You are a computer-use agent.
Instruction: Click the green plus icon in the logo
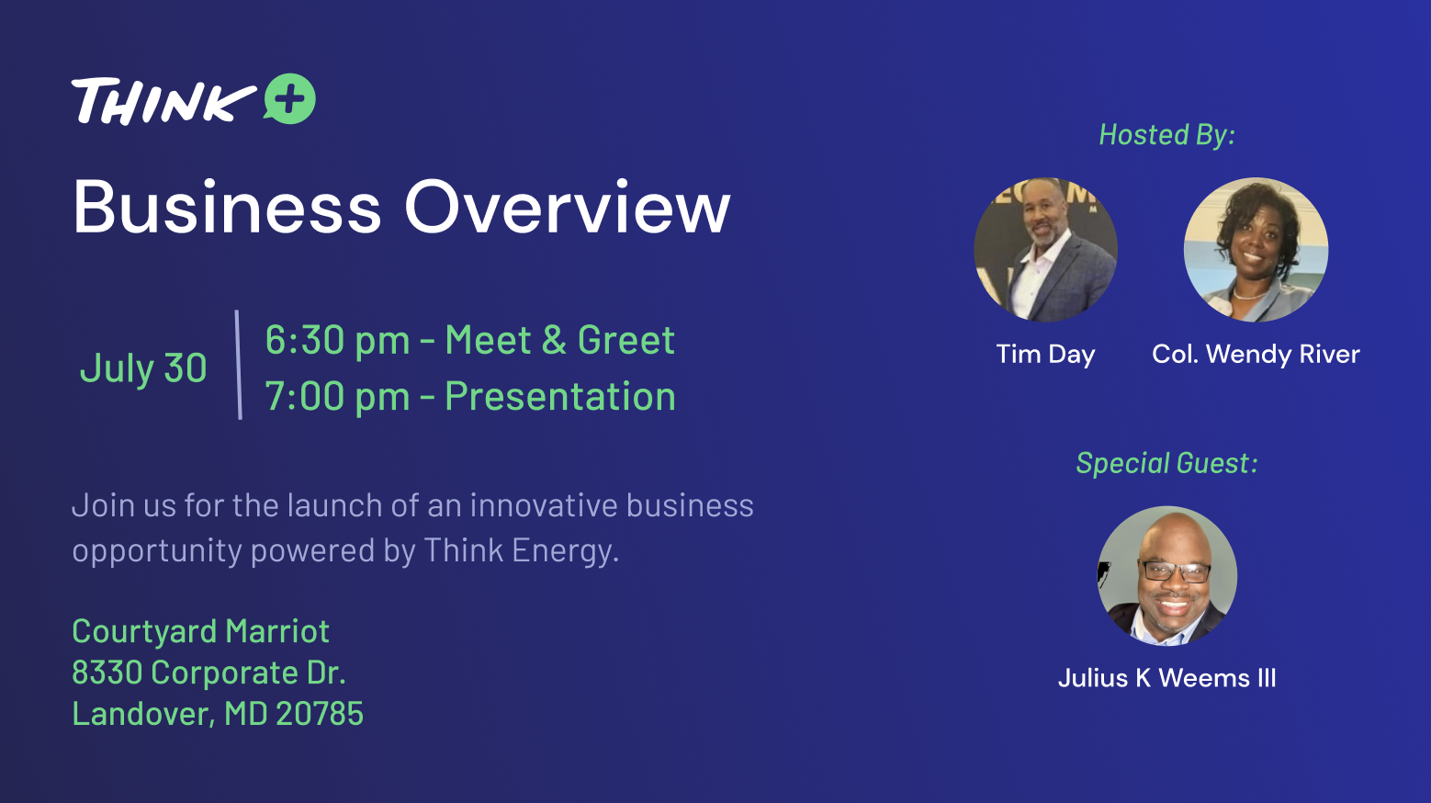pyautogui.click(x=290, y=99)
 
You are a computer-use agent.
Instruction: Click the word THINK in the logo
pyautogui.click(x=163, y=101)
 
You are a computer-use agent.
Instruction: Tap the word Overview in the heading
pyautogui.click(x=568, y=208)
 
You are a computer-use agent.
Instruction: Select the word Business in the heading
pyautogui.click(x=227, y=208)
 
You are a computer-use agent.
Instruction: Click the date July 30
pyautogui.click(x=143, y=368)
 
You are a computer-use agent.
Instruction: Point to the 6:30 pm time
pyautogui.click(x=337, y=341)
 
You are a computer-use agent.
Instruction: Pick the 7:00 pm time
pyautogui.click(x=337, y=397)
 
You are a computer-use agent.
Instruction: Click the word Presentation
pyautogui.click(x=560, y=397)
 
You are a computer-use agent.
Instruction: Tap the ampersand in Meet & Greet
pyautogui.click(x=554, y=340)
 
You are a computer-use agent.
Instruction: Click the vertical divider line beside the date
pyautogui.click(x=239, y=365)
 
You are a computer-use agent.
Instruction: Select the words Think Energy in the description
pyautogui.click(x=522, y=550)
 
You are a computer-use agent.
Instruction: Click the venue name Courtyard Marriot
pyautogui.click(x=200, y=632)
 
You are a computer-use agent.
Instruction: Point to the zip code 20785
pyautogui.click(x=320, y=714)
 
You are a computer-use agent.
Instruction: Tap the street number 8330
pyautogui.click(x=107, y=673)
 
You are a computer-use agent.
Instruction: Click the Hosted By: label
pyautogui.click(x=1167, y=135)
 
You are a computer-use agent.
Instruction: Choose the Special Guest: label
pyautogui.click(x=1167, y=463)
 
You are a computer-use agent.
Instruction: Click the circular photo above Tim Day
pyautogui.click(x=1046, y=250)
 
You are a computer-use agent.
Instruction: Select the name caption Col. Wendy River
pyautogui.click(x=1256, y=355)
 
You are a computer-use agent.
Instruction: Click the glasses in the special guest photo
pyautogui.click(x=1177, y=571)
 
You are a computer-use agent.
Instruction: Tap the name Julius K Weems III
pyautogui.click(x=1167, y=678)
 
